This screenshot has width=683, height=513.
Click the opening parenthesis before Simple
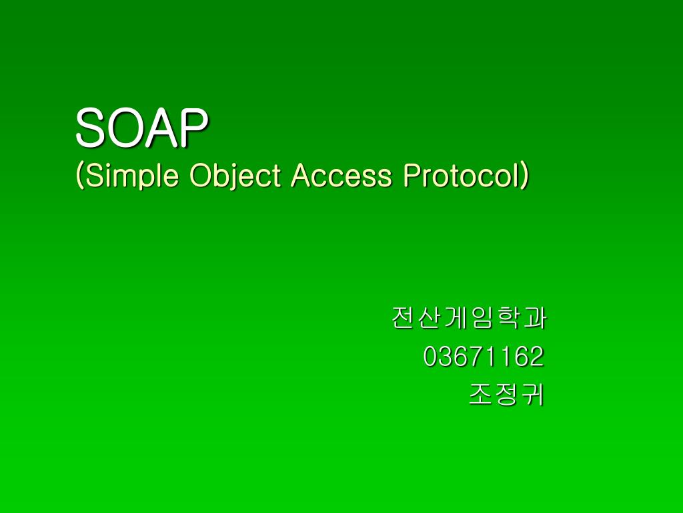[80, 176]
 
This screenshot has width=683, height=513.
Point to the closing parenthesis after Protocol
[525, 176]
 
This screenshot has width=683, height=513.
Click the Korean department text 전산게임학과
[468, 319]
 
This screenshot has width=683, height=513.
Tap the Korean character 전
[404, 319]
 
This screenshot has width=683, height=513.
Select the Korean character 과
[534, 319]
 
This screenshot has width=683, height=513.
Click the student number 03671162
[484, 357]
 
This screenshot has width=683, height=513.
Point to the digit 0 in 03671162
[431, 357]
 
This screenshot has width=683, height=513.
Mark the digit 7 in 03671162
[476, 357]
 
